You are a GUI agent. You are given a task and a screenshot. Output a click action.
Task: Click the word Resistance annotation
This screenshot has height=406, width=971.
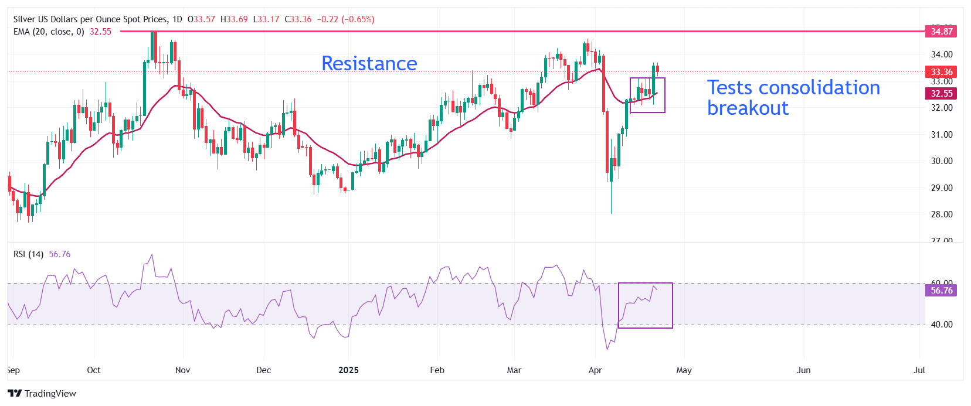tap(369, 63)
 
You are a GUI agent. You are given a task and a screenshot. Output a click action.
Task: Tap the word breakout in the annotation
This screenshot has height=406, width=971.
tap(748, 108)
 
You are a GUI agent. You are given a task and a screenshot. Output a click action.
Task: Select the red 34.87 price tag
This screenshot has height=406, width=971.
tap(941, 32)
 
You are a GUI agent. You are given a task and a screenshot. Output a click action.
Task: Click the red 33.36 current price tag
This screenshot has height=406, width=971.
tap(941, 72)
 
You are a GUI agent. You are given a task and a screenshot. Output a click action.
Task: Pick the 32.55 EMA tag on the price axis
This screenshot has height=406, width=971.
tap(941, 94)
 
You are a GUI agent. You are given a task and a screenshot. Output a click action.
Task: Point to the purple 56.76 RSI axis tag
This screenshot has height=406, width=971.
tap(941, 291)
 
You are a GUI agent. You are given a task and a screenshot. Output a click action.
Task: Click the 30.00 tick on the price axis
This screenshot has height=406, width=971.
tap(942, 161)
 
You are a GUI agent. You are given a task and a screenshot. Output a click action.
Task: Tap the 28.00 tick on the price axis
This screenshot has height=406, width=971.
tap(942, 214)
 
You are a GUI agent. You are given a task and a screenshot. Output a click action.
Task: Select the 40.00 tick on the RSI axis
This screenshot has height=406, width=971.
tap(942, 325)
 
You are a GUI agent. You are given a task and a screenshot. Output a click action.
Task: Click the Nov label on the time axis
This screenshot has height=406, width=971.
tap(182, 370)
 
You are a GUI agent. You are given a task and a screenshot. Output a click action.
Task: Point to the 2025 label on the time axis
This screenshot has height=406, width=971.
tap(348, 370)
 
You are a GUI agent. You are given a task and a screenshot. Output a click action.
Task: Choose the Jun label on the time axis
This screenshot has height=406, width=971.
tap(803, 370)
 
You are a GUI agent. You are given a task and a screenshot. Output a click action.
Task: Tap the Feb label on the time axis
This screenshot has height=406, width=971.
tap(437, 370)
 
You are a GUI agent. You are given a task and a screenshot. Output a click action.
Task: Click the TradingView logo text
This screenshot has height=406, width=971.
tap(50, 394)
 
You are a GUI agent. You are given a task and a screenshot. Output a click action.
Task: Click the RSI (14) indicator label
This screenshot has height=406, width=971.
tap(28, 254)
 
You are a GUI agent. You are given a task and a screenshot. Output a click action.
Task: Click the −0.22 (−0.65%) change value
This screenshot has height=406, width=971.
tap(345, 19)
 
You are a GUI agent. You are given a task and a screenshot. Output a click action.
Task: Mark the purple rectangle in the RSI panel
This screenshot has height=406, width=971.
tap(646, 305)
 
